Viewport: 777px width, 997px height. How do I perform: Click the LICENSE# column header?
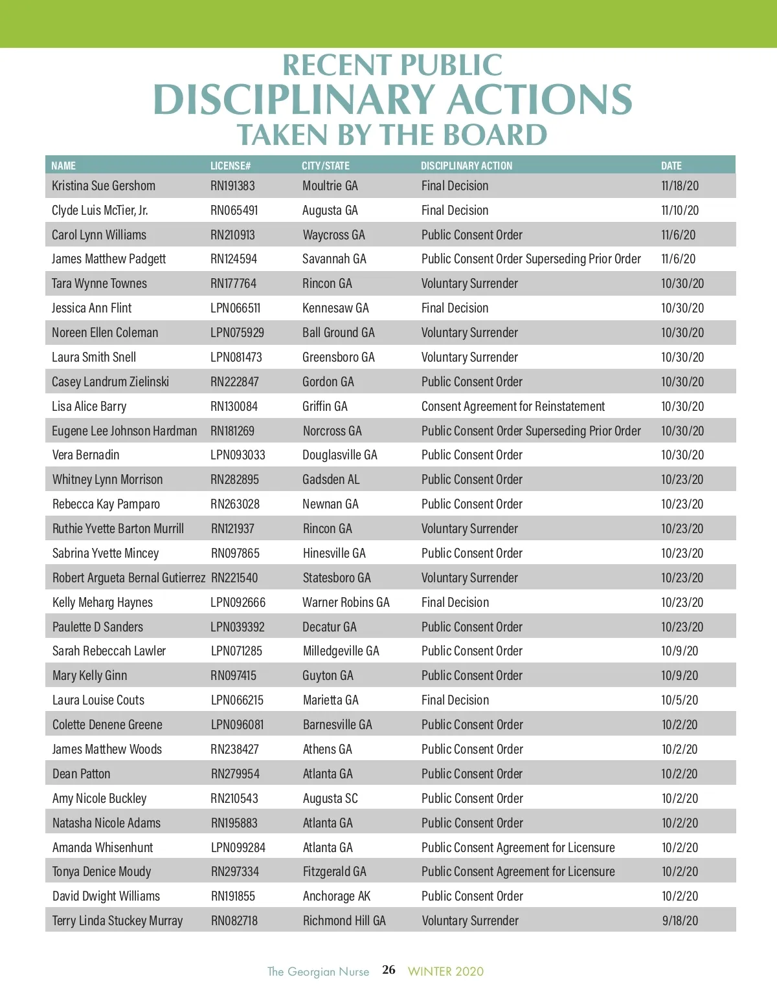point(231,166)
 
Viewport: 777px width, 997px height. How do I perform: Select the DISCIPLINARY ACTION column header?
point(466,166)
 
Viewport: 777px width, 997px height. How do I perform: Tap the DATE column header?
point(671,166)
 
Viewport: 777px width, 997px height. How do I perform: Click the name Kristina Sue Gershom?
point(104,186)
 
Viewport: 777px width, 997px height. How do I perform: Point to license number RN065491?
point(234,210)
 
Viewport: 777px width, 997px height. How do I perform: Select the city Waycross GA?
point(333,235)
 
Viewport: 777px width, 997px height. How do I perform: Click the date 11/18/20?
point(680,186)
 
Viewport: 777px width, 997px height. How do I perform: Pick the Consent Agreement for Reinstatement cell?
point(513,406)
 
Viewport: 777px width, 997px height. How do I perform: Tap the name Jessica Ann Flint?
point(92,308)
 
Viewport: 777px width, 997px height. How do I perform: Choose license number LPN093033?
point(238,455)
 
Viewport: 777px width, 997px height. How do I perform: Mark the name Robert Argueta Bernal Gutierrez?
point(129,578)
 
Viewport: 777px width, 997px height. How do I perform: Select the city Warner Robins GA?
point(346,602)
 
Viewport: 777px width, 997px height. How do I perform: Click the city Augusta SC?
point(330,798)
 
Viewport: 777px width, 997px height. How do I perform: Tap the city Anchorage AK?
point(337,896)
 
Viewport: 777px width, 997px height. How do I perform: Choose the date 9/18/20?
point(680,921)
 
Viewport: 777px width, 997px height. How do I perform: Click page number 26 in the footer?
point(388,970)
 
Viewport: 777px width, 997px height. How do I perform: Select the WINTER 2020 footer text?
point(445,971)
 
